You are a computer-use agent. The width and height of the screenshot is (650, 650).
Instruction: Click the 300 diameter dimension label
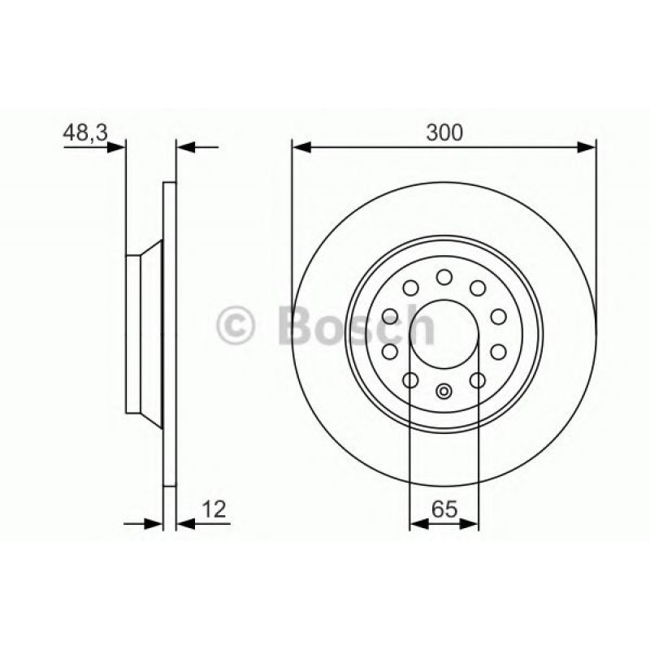[444, 132]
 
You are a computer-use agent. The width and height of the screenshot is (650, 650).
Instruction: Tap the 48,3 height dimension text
[85, 132]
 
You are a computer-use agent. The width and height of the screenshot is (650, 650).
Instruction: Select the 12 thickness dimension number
[214, 509]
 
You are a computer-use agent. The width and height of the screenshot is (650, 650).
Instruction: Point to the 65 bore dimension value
[444, 509]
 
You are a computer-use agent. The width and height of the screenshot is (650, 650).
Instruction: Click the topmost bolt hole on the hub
[444, 277]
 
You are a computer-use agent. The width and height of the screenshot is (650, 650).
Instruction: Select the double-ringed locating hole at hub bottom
[444, 391]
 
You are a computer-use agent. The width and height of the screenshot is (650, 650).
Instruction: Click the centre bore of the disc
[444, 334]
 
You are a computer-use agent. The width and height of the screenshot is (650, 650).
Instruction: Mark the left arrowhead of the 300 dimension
[301, 147]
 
